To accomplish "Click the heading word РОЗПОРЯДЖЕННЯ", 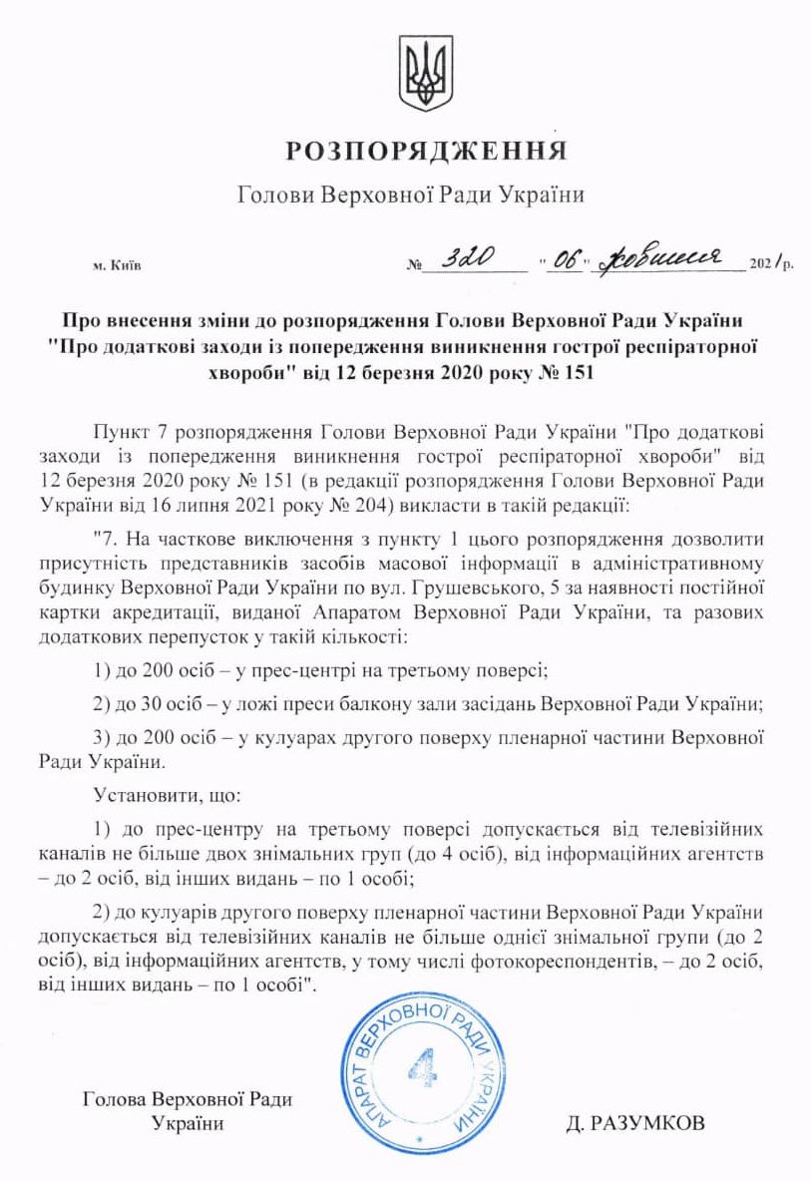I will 426,152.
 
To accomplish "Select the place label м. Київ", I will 117,267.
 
